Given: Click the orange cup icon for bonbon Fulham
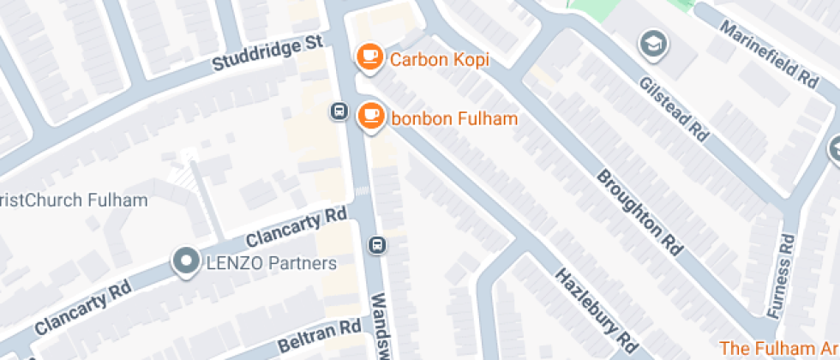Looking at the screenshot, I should tap(370, 115).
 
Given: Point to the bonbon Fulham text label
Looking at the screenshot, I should tap(454, 118).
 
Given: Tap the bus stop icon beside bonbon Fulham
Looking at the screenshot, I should tap(339, 111).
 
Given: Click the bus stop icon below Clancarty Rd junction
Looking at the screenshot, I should tap(376, 245).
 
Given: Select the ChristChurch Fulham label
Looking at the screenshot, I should tap(74, 201).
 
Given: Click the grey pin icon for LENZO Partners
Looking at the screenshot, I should tap(184, 261).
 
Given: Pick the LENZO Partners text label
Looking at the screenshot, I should tap(271, 264).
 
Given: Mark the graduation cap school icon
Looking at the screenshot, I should tap(654, 43).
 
